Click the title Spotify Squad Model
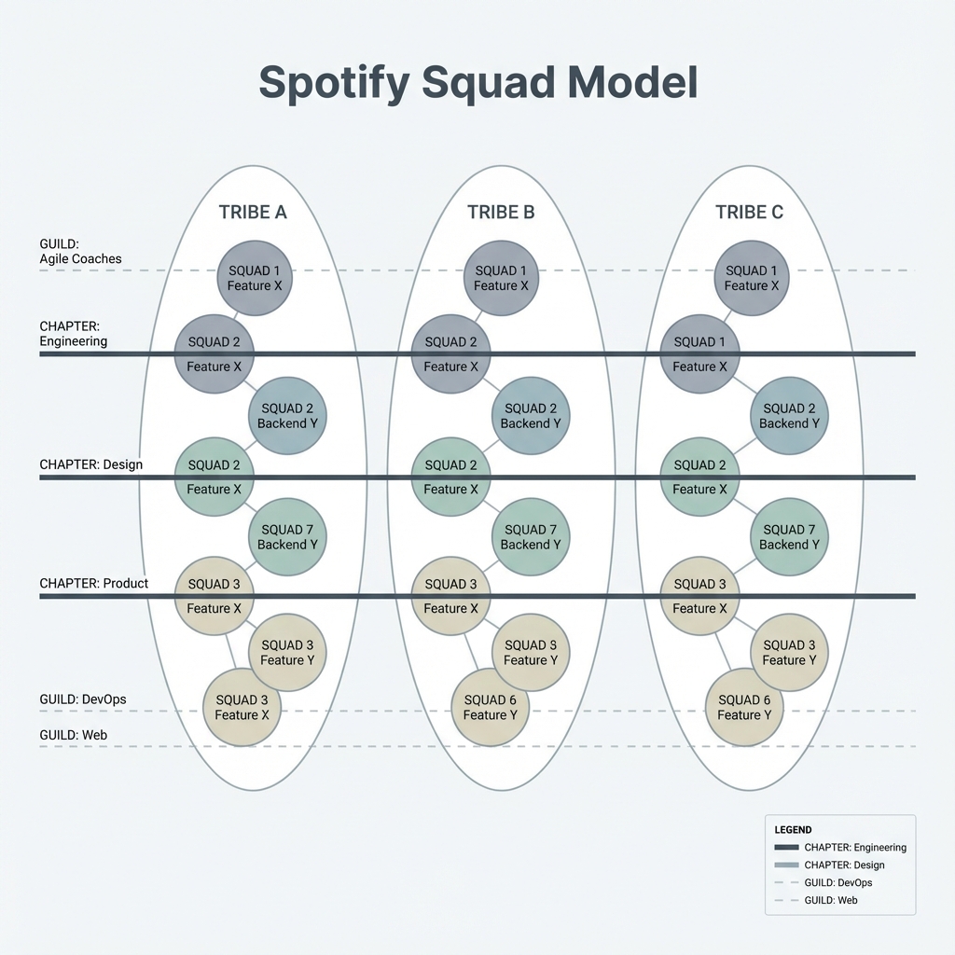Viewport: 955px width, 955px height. point(477,83)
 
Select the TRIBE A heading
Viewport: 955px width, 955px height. point(253,212)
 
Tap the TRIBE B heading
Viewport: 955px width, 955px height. point(501,212)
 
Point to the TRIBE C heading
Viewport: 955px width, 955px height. point(749,212)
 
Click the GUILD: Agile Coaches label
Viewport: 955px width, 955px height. point(80,251)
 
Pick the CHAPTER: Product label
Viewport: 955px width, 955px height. point(93,583)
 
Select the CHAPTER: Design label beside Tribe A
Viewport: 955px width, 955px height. point(90,464)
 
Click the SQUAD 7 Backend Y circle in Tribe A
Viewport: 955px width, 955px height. point(287,537)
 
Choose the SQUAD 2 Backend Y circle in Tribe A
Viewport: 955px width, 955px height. point(287,416)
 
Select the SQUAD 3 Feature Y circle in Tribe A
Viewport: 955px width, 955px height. point(287,653)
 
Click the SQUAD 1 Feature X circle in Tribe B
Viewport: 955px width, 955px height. point(501,278)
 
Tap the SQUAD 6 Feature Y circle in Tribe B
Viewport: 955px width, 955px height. point(490,707)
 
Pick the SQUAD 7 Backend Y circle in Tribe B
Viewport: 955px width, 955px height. point(531,537)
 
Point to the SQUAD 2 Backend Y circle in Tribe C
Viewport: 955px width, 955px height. point(789,416)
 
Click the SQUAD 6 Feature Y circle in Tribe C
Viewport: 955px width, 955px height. point(744,707)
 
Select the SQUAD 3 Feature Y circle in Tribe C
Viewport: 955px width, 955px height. point(789,653)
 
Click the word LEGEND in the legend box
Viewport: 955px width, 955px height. point(793,829)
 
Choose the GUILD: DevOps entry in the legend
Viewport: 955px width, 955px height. point(837,882)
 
